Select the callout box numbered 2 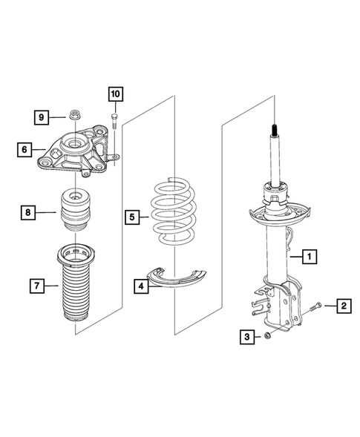click(x=343, y=305)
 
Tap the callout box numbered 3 click(x=246, y=338)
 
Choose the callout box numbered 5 click(x=132, y=217)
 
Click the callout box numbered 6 click(x=25, y=150)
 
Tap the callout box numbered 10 click(x=115, y=94)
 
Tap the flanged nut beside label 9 click(x=74, y=116)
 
